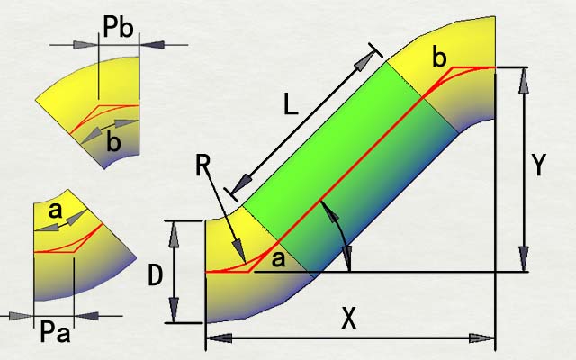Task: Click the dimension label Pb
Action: (118, 27)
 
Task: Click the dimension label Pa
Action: (55, 332)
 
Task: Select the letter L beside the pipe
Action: (291, 104)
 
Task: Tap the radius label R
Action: (202, 166)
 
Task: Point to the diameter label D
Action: (155, 275)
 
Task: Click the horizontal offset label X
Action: (349, 318)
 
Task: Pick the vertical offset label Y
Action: (538, 166)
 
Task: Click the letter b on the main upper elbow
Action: (440, 58)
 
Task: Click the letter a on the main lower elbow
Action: (278, 258)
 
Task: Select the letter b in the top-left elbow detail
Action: (113, 141)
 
